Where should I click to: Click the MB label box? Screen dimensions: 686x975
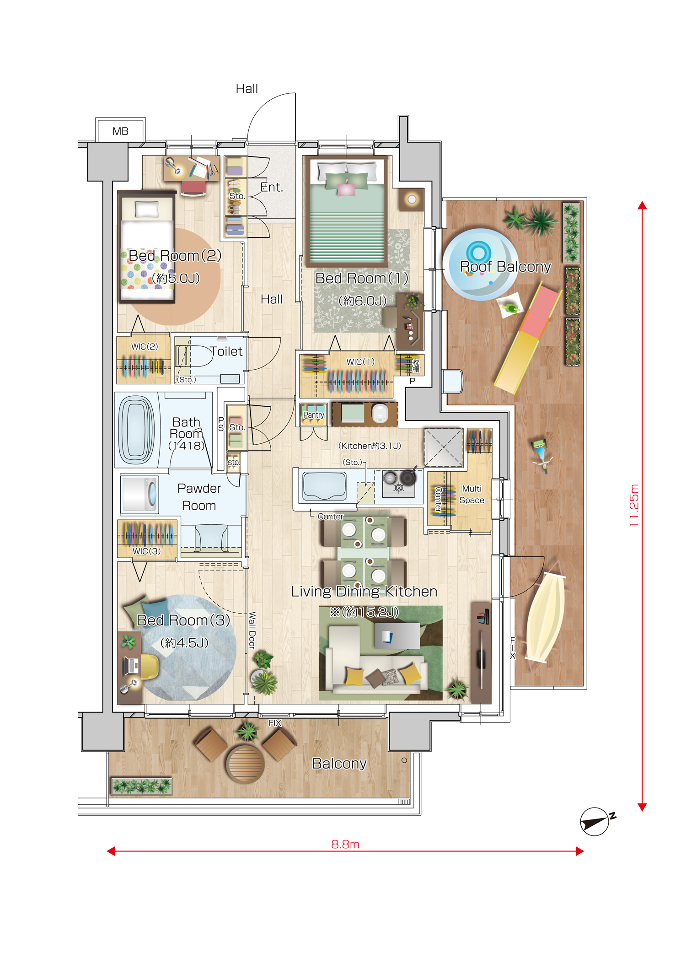[x=121, y=131]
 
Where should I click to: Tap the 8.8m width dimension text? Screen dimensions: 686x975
[x=345, y=844]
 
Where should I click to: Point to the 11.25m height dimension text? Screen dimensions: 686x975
[x=634, y=505]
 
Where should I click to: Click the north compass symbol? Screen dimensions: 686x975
[x=595, y=822]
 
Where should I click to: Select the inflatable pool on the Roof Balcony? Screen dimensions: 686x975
[x=481, y=264]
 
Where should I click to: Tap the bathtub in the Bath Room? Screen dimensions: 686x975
[x=137, y=430]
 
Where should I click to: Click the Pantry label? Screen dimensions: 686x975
[x=314, y=415]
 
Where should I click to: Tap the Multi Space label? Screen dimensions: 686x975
[x=472, y=495]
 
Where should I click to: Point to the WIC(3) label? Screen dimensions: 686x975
[x=146, y=551]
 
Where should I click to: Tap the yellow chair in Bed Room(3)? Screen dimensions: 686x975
[x=150, y=667]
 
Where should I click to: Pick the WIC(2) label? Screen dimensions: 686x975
[x=145, y=346]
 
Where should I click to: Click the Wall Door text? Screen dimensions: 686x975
[x=252, y=630]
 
